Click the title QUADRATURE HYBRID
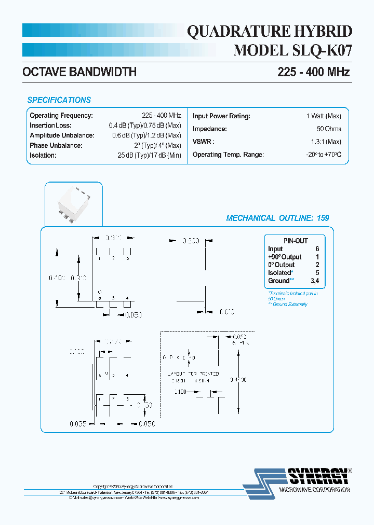[x=269, y=32]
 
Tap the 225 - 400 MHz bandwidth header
[x=313, y=72]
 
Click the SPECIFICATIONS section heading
[x=59, y=100]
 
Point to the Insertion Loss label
[x=50, y=126]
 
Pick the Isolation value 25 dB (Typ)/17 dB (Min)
[x=149, y=155]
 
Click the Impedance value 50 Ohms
[x=329, y=129]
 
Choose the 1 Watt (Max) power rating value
[x=323, y=116]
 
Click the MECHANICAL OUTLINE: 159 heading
[x=277, y=218]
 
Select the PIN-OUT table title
[x=295, y=241]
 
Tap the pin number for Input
[x=317, y=249]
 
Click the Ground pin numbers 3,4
[x=314, y=281]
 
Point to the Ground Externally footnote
[x=288, y=305]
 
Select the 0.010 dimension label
[x=226, y=311]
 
